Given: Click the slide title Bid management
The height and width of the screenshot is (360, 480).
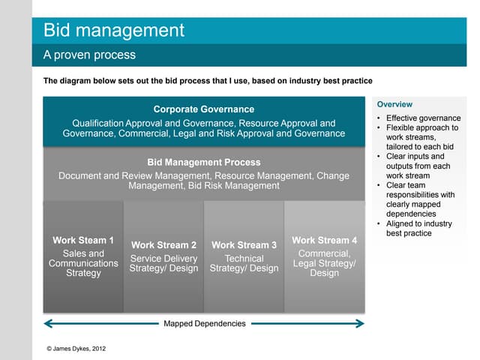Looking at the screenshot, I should click(113, 31).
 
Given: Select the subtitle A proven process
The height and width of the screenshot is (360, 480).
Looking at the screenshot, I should click(89, 55).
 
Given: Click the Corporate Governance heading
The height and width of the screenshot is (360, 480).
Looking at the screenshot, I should click(203, 109).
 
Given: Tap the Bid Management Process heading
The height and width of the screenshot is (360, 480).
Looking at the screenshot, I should click(203, 162).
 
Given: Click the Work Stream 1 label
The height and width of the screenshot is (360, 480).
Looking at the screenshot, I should click(83, 241).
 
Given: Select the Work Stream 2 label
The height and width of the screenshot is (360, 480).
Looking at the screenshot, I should click(163, 245).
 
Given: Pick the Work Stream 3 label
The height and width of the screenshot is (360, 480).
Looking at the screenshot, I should click(244, 245).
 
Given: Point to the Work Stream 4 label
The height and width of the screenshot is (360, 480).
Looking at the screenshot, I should click(324, 241).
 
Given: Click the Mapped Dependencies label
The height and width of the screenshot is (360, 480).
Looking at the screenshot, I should click(204, 324).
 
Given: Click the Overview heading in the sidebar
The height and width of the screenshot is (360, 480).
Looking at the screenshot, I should click(394, 104).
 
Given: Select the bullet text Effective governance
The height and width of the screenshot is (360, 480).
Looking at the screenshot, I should click(423, 118).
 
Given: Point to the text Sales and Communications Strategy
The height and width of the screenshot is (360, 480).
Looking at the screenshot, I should click(83, 263).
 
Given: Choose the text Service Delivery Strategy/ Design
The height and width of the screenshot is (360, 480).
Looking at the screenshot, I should click(163, 264).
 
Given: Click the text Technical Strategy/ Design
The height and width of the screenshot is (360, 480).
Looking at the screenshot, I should click(244, 264).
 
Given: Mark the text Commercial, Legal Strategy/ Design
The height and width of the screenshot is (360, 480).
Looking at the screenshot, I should click(324, 263).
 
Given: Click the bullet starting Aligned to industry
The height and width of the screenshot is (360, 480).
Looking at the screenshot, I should click(418, 229).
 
